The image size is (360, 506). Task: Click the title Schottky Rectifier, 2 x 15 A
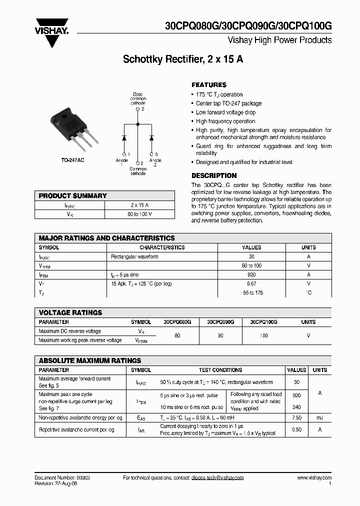[183, 59]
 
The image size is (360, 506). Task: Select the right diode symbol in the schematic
[151, 137]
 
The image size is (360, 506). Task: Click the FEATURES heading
[209, 85]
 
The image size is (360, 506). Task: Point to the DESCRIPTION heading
[214, 175]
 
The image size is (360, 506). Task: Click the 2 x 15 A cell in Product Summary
[139, 205]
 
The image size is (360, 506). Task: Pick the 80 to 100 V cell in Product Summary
[139, 214]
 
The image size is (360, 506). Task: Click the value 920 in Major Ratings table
[251, 274]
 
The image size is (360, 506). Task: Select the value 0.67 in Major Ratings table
[251, 283]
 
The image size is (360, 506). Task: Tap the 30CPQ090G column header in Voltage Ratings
[220, 322]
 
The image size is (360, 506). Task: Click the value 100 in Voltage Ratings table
[263, 336]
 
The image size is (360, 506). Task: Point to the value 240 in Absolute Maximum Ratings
[296, 407]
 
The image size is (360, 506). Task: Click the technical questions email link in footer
[217, 478]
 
